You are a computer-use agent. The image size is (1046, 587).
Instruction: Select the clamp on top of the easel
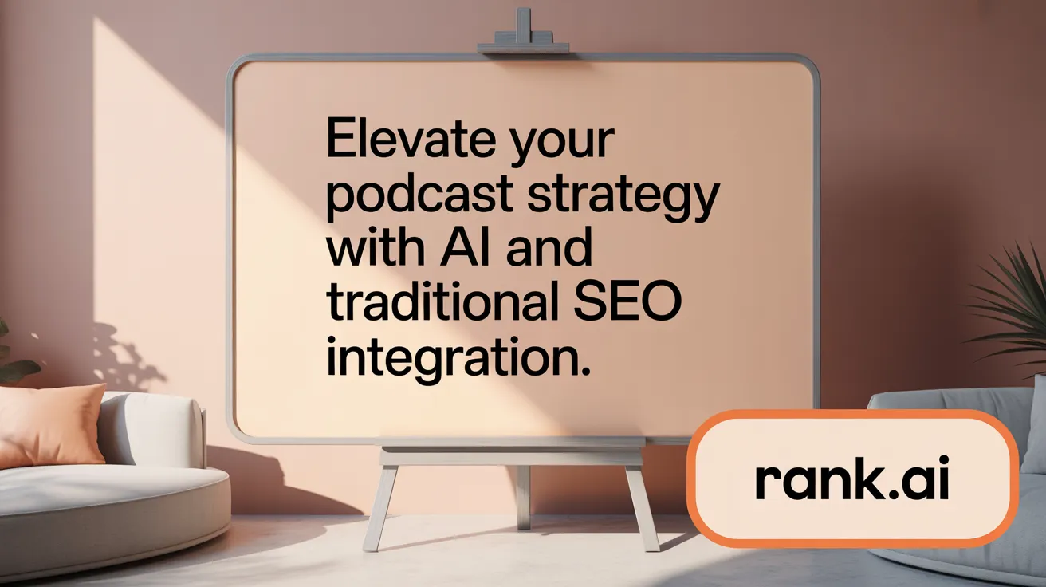(x=523, y=36)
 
